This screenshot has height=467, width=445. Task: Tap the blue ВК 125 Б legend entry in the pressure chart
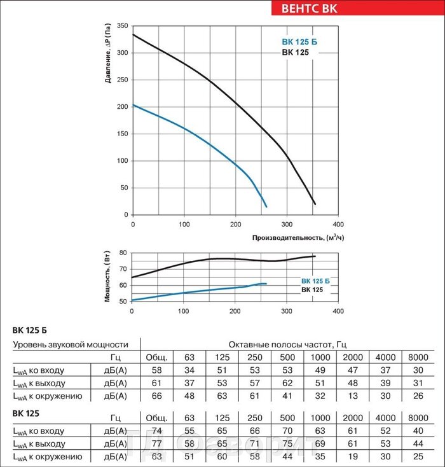click(x=299, y=43)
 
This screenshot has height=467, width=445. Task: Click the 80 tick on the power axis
click(x=123, y=253)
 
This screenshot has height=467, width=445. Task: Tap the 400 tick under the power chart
click(x=338, y=312)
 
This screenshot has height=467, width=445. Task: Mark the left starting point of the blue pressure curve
click(x=132, y=105)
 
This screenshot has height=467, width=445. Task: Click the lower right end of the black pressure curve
click(x=315, y=204)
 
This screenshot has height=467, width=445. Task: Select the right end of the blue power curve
click(x=266, y=283)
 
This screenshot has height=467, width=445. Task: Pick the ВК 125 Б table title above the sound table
click(x=29, y=330)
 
